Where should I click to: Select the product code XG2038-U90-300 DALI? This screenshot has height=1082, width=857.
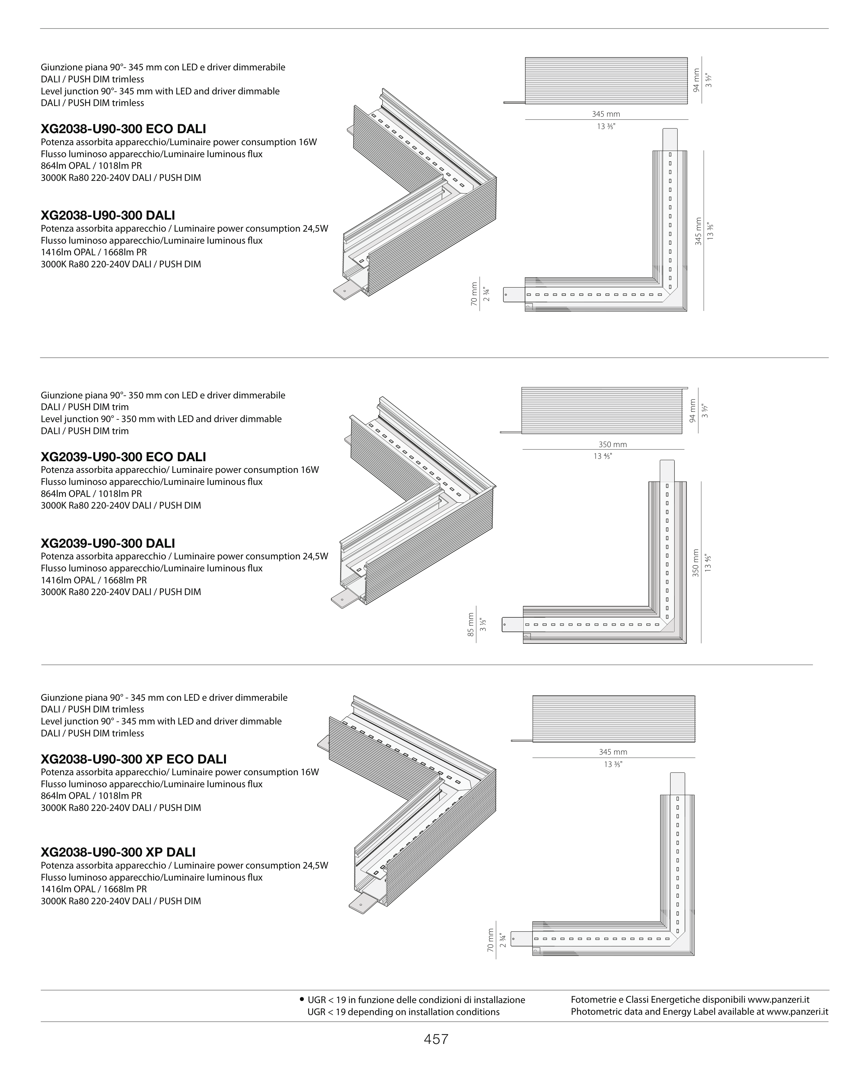coord(107,215)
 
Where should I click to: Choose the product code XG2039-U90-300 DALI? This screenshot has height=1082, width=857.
coord(107,543)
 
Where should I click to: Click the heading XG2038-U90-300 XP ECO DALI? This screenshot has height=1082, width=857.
coord(133,759)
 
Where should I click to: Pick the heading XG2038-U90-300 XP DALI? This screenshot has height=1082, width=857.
coord(118,852)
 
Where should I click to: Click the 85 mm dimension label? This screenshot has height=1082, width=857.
coord(471,624)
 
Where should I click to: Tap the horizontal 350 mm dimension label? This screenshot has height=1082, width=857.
coord(612,444)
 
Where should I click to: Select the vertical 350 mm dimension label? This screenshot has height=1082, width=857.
coord(695,562)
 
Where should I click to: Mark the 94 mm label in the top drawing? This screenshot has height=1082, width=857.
coord(696,80)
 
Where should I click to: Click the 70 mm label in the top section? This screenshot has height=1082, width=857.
coord(474,294)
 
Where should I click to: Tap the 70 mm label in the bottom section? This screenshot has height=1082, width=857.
coord(490,940)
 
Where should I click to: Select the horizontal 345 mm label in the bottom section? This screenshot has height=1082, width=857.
coord(613,752)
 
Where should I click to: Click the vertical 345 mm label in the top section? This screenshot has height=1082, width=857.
coord(698,231)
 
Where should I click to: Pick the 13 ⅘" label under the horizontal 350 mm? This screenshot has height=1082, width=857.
coord(602,456)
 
